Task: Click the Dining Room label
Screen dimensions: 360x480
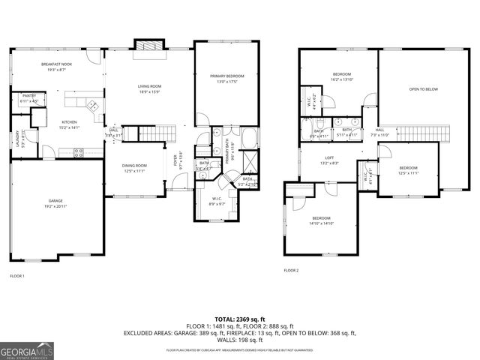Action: click(x=135, y=167)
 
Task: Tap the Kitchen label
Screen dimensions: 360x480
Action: click(x=70, y=123)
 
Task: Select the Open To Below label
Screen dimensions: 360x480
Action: click(x=424, y=89)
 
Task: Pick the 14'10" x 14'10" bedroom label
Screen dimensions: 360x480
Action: click(x=320, y=220)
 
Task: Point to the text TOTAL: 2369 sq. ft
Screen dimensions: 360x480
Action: click(x=239, y=319)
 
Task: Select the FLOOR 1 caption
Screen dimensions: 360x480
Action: click(x=16, y=276)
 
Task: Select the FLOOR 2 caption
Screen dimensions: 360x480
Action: click(x=291, y=270)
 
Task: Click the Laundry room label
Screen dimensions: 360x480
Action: click(x=18, y=139)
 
